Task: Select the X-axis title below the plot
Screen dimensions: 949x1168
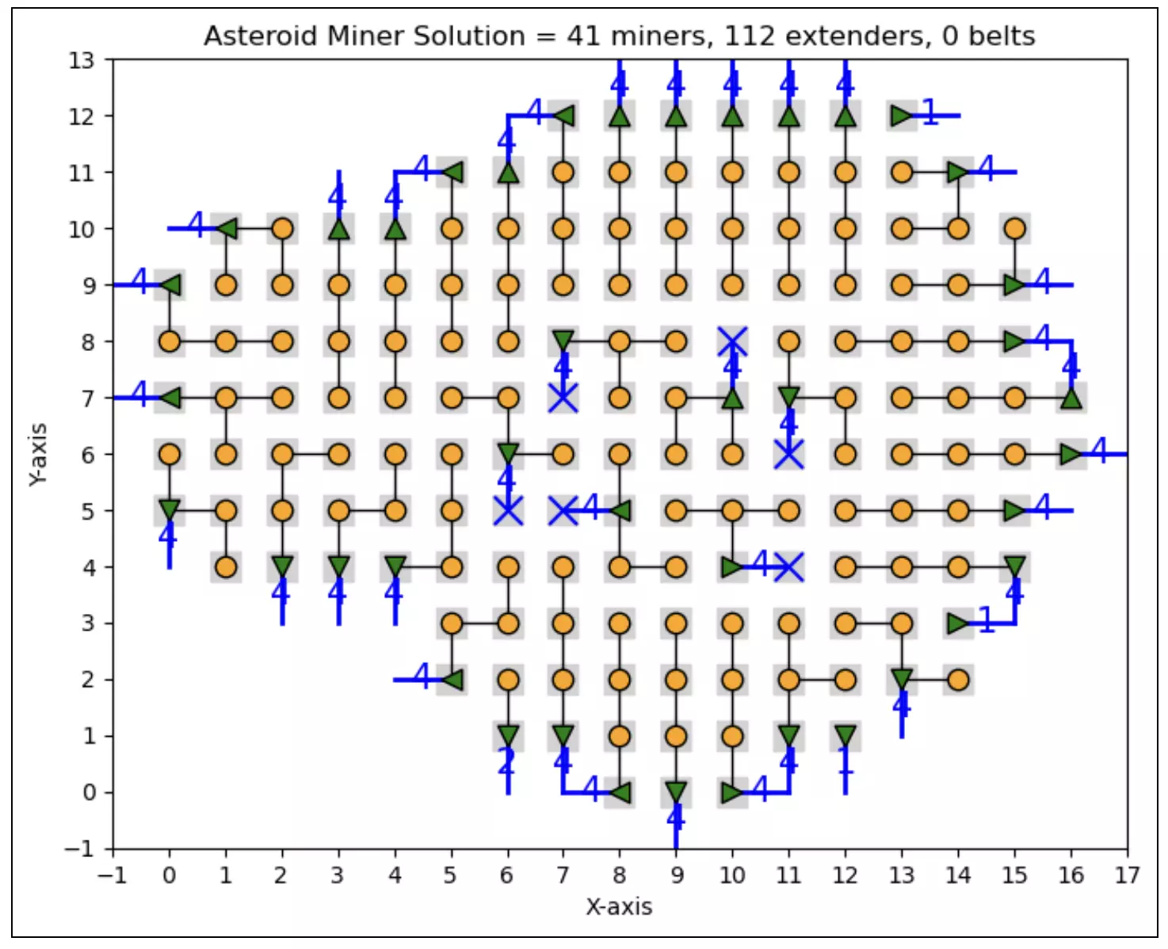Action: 619,907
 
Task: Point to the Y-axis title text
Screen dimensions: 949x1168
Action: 37,455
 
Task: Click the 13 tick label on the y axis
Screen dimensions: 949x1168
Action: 80,60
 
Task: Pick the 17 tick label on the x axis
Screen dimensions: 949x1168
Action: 1127,875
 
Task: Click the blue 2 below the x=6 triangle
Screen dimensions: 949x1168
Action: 506,762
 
